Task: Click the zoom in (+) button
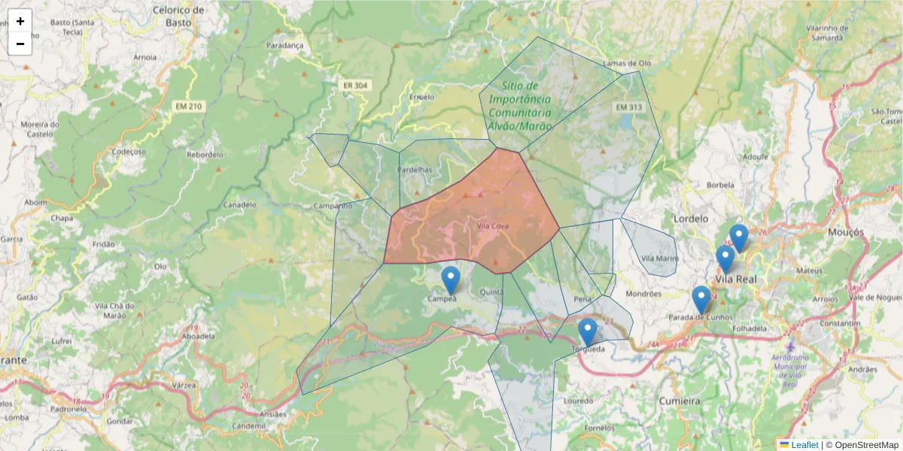[20, 21]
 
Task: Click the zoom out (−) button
[20, 44]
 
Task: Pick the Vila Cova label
[493, 225]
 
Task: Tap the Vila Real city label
[735, 279]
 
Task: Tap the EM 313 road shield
[629, 107]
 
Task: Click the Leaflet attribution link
[804, 445]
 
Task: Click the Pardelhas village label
[415, 170]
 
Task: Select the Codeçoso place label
[129, 151]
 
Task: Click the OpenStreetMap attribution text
[862, 445]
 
